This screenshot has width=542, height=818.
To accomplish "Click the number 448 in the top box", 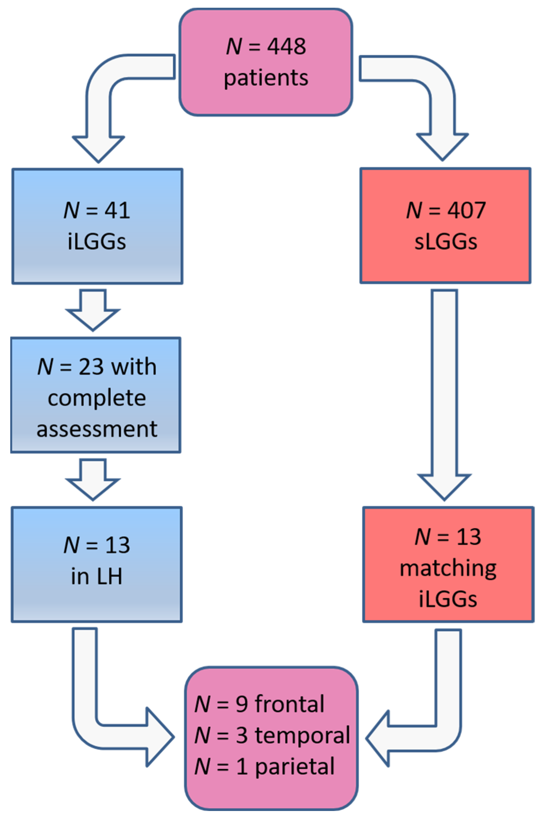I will (286, 46).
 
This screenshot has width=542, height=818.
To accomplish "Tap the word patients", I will (266, 77).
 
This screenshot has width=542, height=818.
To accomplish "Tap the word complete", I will (97, 398).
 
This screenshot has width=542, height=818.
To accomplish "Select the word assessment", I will (97, 429).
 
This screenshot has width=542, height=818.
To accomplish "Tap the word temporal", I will (302, 735).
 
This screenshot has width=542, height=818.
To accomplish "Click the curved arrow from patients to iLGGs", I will (99, 104).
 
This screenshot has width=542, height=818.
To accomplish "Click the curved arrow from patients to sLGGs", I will (442, 104).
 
